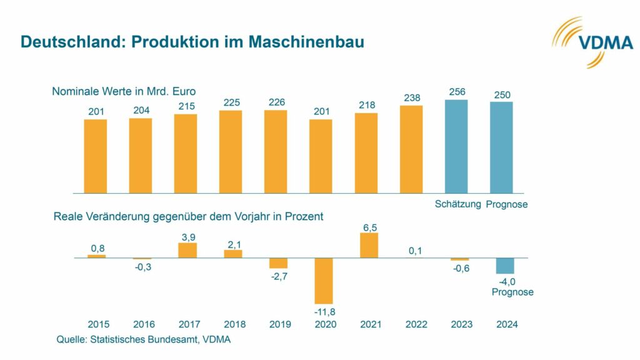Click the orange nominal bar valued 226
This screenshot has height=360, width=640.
point(276,151)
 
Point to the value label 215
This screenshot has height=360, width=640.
point(186,107)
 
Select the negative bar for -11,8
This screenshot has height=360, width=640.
point(324,281)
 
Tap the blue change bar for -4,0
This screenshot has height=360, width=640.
point(504,266)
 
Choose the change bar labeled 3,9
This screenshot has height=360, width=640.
point(187,250)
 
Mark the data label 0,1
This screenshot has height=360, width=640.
point(414,251)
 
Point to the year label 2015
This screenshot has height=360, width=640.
point(99,324)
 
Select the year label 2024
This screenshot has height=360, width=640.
point(506,324)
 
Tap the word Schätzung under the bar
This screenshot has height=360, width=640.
point(457,204)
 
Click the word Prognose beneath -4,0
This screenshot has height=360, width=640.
point(512,292)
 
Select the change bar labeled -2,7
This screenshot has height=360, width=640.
point(278,263)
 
